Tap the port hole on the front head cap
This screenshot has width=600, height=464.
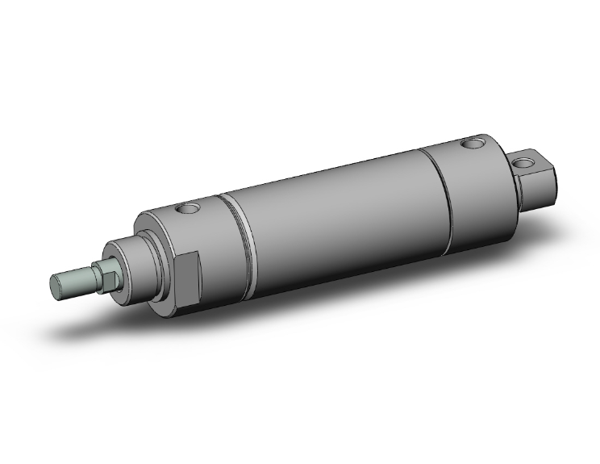190,210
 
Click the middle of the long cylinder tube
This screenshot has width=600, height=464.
339,210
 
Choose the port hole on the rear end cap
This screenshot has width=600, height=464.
470,145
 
